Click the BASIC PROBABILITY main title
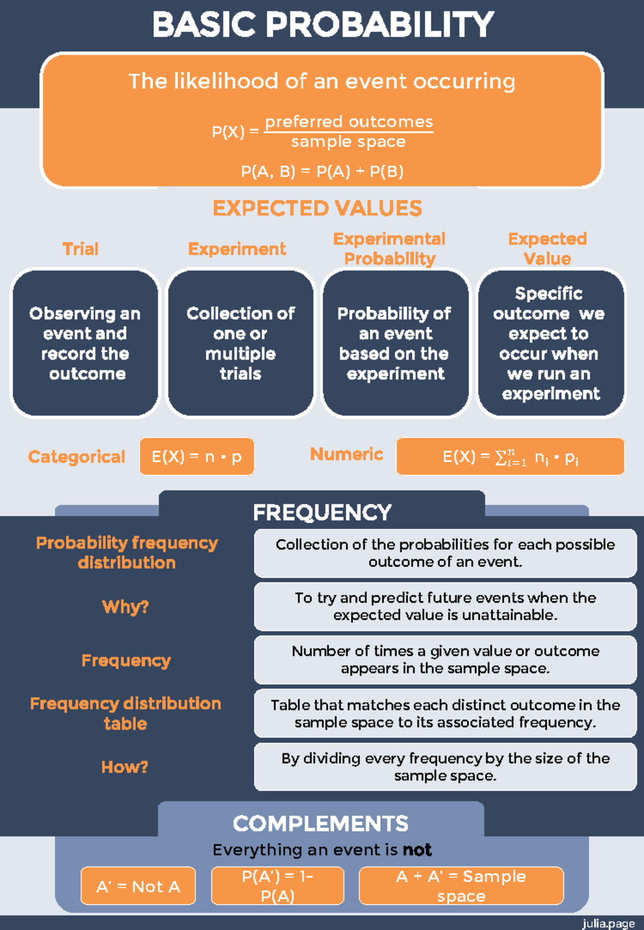click(323, 25)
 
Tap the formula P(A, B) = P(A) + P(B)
click(322, 172)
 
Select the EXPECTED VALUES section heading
click(317, 208)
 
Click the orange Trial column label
click(80, 249)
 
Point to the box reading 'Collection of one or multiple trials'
click(240, 343)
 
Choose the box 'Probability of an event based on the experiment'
click(396, 343)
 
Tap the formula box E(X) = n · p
click(196, 457)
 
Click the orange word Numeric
click(347, 455)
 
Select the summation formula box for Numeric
click(510, 457)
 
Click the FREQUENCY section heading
click(322, 512)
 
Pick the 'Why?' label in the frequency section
click(126, 607)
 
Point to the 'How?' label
click(125, 767)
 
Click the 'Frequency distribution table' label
click(126, 713)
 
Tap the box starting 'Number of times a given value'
click(445, 660)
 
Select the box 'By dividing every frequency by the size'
click(445, 767)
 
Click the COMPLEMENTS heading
click(320, 824)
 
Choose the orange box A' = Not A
click(138, 886)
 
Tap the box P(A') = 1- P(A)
click(277, 886)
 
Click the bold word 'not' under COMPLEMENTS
click(417, 850)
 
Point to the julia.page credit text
click(608, 923)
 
